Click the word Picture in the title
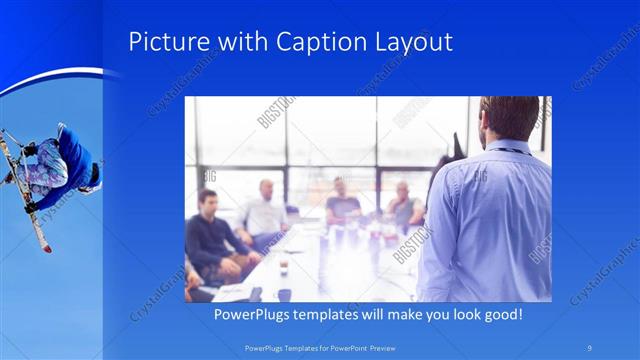coord(166,43)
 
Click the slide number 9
coord(590,348)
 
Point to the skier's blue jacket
coord(75,155)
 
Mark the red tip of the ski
coord(47,247)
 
